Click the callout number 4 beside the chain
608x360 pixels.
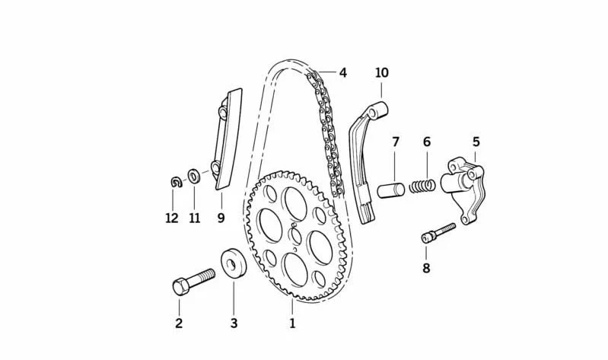[342, 72]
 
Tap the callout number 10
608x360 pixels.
[381, 72]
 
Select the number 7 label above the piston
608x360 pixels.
[395, 142]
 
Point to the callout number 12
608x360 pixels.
[172, 218]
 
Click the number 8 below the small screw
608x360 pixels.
[426, 268]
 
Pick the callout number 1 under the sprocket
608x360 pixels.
[292, 323]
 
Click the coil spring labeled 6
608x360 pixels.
[422, 186]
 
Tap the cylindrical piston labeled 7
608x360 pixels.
[391, 190]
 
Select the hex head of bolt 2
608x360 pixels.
[180, 286]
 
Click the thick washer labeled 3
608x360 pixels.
[234, 264]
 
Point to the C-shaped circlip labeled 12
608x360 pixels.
[177, 182]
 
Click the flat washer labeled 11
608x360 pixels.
[193, 177]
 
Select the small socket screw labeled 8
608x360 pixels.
[438, 233]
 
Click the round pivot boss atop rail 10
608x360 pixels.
[377, 110]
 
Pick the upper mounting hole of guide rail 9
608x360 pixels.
[223, 112]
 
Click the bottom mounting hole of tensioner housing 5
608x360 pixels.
[464, 220]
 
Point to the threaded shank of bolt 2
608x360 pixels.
[202, 277]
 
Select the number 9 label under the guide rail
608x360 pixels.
[221, 218]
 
